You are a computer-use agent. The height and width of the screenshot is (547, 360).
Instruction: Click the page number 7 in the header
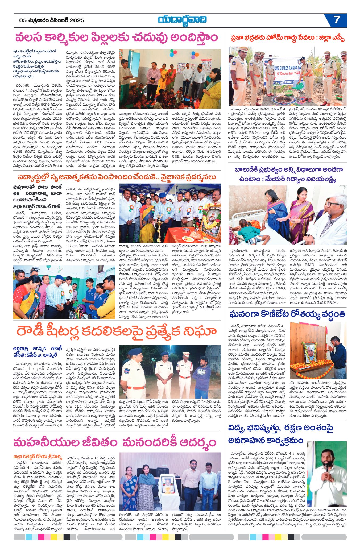[337, 20]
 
